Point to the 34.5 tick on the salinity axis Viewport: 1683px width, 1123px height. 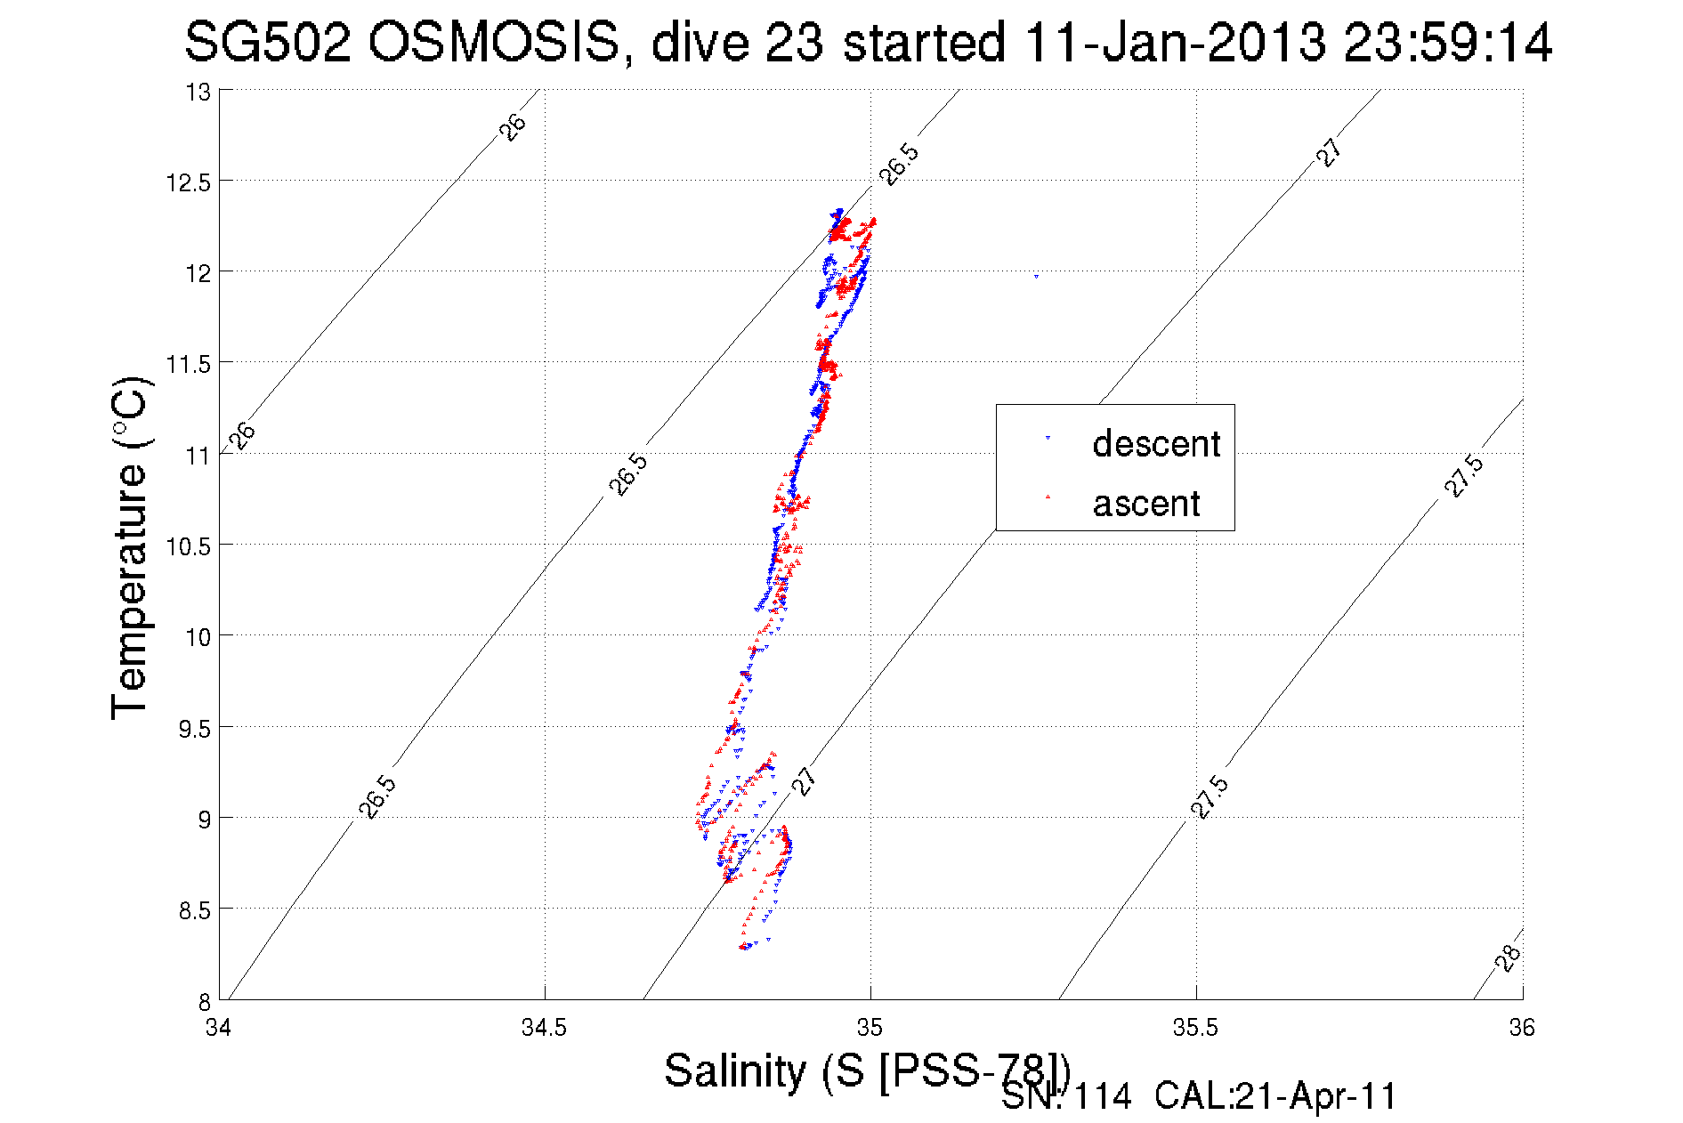pos(544,1028)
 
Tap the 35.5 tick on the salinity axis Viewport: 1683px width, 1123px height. pos(1195,1028)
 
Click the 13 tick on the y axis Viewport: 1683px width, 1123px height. pos(198,92)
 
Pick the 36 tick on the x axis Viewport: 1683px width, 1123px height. pos(1522,1028)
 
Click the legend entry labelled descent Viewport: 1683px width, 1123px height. pos(1155,443)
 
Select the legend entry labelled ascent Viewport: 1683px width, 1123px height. pos(1145,504)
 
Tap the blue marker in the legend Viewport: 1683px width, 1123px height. pos(1048,438)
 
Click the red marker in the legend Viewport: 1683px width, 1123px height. pos(1048,497)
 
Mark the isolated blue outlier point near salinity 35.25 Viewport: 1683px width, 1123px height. pos(1036,276)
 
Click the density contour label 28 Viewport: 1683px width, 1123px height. pos(1508,957)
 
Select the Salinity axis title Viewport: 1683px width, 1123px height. pos(865,1070)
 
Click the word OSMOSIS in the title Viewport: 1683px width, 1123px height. pos(493,43)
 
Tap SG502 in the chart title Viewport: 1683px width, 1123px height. pos(267,43)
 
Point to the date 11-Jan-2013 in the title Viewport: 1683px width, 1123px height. pos(1175,43)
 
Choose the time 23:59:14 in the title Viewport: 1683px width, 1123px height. pos(1447,43)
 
